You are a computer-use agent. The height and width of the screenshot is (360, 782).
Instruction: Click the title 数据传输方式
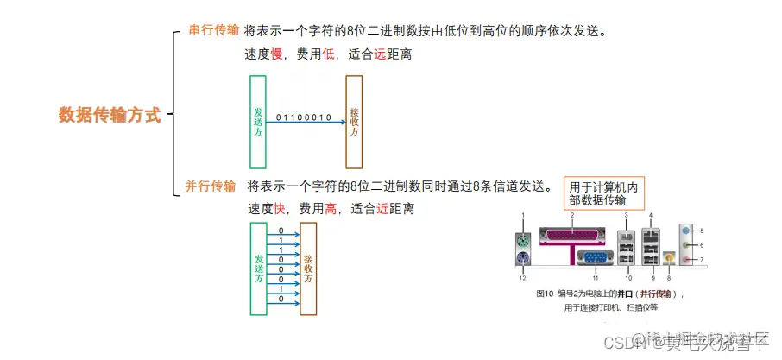point(110,116)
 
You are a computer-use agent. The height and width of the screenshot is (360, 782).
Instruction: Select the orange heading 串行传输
point(214,31)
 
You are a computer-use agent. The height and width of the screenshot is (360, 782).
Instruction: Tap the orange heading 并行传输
point(211,186)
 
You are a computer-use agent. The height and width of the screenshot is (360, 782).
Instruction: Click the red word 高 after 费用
point(331,209)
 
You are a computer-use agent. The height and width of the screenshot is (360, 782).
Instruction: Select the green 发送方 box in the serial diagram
point(257,122)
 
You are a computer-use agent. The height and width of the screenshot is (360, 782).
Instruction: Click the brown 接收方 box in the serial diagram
point(354,122)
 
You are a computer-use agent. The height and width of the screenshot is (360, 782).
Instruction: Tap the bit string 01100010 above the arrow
point(304,117)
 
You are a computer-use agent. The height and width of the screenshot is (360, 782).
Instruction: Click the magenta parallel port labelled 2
point(572,235)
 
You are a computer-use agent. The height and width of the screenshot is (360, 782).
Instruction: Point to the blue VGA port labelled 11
point(595,257)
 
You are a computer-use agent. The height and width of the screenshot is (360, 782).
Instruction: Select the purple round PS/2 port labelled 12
point(524,258)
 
